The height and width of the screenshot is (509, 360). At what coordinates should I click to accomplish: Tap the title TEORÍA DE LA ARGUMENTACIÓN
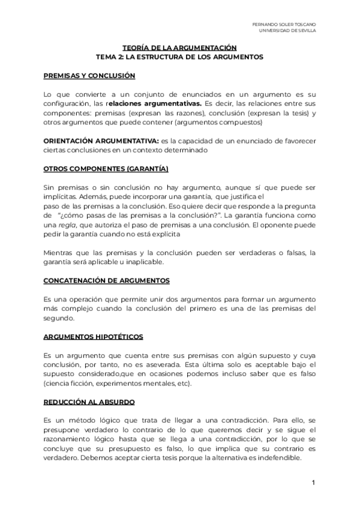[x=180, y=48]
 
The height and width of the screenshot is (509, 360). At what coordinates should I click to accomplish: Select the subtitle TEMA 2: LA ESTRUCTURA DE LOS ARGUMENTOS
[x=180, y=57]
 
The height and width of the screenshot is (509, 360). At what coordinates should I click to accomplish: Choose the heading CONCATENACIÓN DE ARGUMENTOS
[x=106, y=280]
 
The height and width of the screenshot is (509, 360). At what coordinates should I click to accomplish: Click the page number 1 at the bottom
[x=313, y=483]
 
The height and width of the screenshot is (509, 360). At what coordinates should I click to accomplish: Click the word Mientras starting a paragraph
[x=59, y=253]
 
